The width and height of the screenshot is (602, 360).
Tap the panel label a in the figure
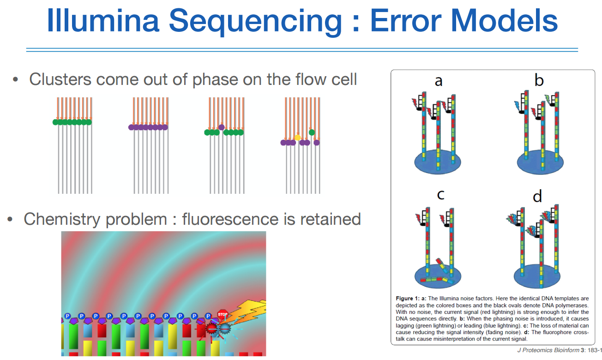coord(439,81)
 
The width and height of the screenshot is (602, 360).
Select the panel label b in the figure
coord(539,81)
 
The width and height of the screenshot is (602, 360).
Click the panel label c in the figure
coord(440,194)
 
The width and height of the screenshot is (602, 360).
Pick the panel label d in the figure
coord(537,197)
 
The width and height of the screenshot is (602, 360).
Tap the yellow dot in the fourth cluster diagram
coord(297,138)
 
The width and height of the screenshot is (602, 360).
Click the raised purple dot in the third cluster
coord(222,127)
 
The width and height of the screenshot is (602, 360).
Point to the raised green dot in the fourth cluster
coord(312,132)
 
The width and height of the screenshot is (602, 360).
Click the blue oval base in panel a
coord(437,162)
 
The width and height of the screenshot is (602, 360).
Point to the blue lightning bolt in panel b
coord(517,106)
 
